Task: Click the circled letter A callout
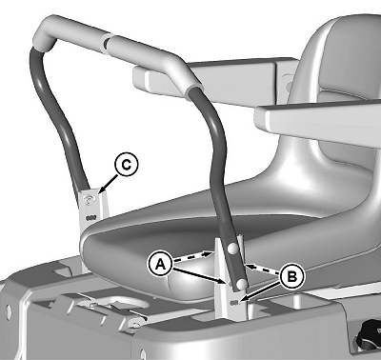coord(161,264)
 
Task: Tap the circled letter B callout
coord(291,276)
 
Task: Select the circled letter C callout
coord(127,165)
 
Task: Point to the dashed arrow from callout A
coord(192,256)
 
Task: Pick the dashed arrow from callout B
coord(262,269)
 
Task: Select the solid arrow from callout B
coord(261,291)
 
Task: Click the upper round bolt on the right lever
coord(232,249)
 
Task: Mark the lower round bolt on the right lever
coord(242,284)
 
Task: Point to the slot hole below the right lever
coord(233,303)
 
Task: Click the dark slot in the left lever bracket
coord(90,218)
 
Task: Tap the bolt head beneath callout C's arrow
coord(89,199)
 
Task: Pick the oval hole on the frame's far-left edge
coord(8,312)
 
